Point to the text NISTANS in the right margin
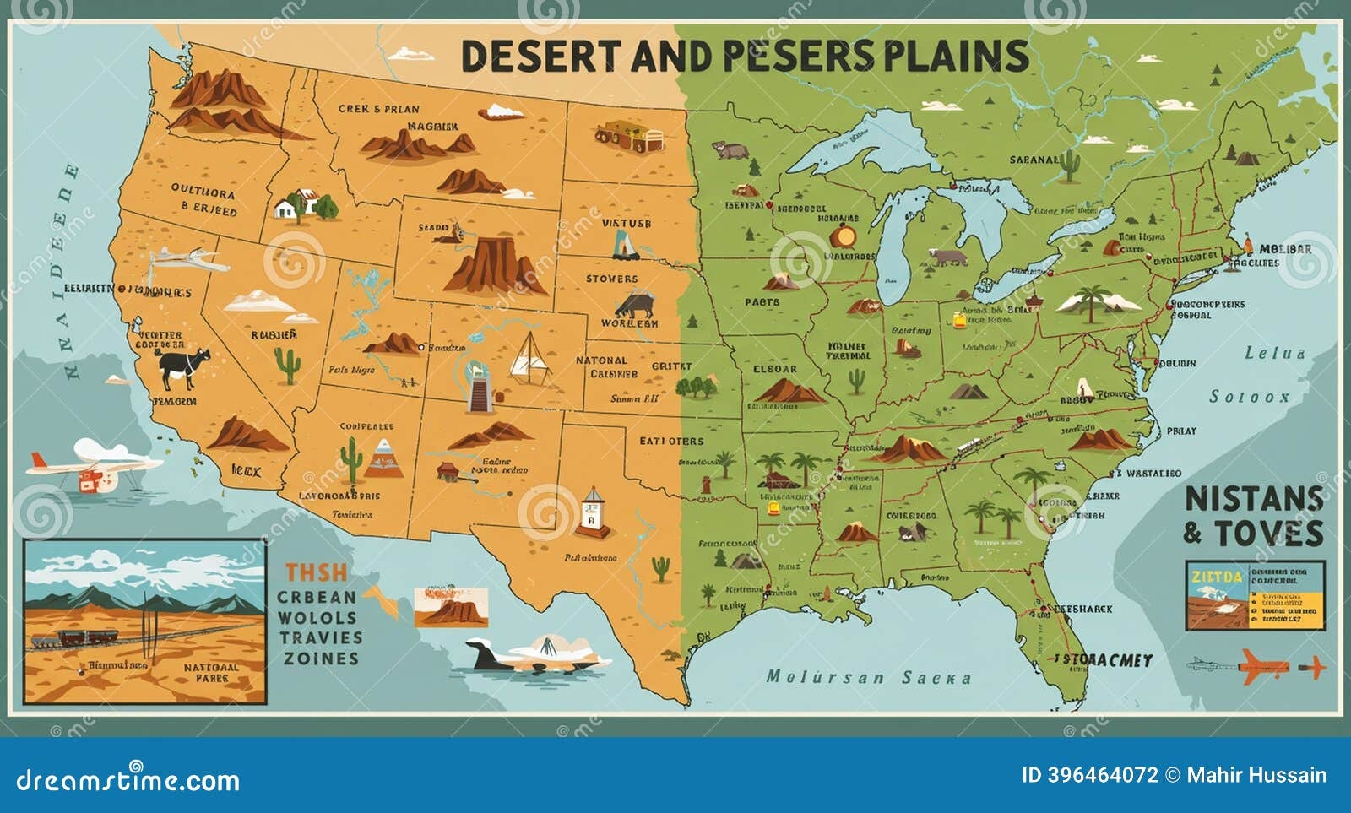coord(1253,499)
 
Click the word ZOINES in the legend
coord(321,659)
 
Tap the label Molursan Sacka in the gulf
coord(869,677)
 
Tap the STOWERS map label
coord(612,279)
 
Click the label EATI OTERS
coord(671,441)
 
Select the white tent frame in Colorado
coord(529,355)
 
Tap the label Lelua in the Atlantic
coord(1275,353)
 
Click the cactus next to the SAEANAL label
coord(1070,165)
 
